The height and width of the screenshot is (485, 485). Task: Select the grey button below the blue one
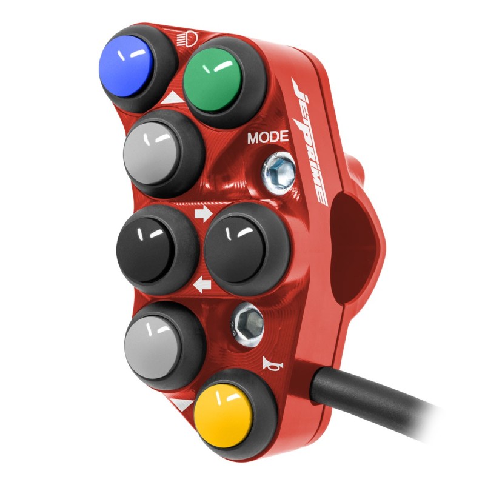(152, 153)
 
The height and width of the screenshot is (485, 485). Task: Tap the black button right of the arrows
(236, 249)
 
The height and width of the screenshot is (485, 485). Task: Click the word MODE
(268, 138)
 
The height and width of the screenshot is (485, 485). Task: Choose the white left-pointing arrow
(202, 284)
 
